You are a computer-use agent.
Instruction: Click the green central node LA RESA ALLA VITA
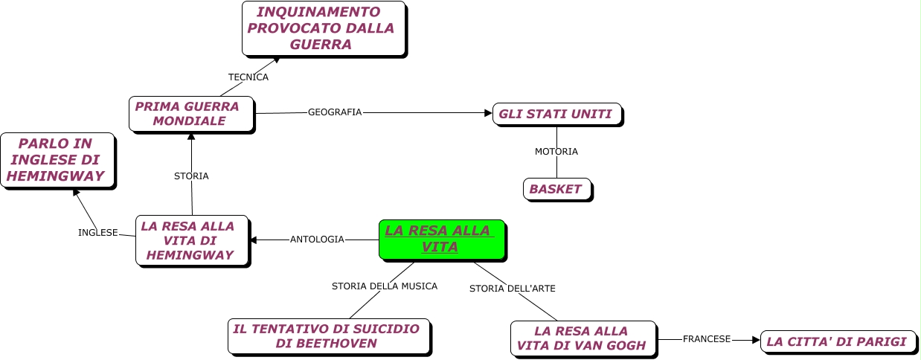[x=441, y=240]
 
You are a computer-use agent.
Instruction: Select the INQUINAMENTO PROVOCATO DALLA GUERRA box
[x=323, y=28]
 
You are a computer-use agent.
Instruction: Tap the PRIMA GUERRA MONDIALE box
[x=190, y=114]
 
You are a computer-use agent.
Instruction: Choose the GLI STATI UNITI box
[x=556, y=114]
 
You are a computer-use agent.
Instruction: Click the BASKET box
[x=556, y=189]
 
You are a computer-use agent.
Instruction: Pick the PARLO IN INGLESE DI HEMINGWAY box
[x=57, y=161]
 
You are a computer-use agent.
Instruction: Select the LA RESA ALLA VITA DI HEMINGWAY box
[x=191, y=240]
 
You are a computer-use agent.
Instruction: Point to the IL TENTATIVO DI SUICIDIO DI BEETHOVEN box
[x=328, y=336]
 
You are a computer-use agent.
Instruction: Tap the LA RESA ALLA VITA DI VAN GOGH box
[x=583, y=338]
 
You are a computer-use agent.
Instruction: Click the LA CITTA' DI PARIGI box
[x=837, y=341]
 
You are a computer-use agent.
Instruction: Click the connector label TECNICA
[x=248, y=77]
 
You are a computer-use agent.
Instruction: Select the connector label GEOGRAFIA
[x=335, y=112]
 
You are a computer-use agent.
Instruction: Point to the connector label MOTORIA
[x=556, y=152]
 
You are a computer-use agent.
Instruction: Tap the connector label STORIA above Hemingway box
[x=191, y=176]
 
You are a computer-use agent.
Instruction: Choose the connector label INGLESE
[x=98, y=233]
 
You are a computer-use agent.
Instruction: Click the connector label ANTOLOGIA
[x=317, y=240]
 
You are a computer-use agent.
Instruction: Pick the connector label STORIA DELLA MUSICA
[x=385, y=286]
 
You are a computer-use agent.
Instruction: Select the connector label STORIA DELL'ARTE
[x=513, y=288]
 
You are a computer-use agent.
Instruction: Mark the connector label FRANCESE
[x=707, y=339]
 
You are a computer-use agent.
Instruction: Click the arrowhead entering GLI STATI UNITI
[x=488, y=113]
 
